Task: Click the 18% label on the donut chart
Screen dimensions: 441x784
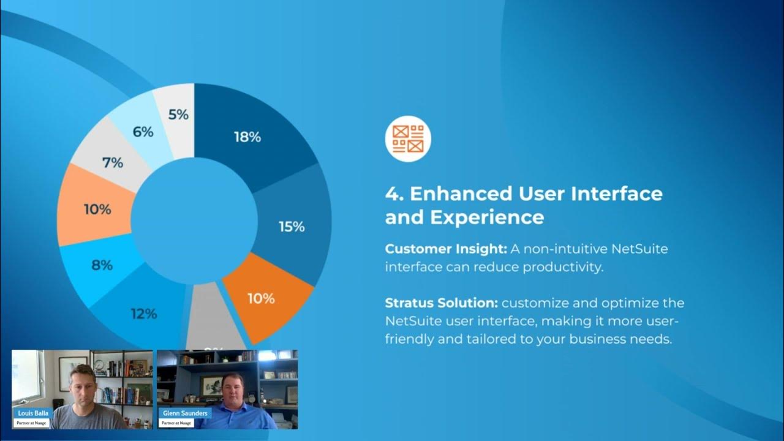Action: coord(247,137)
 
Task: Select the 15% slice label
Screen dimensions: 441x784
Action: coord(292,227)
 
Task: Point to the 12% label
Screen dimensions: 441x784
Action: coord(144,314)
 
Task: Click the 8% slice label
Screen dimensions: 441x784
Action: coord(102,265)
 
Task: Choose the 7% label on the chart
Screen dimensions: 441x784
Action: coord(113,163)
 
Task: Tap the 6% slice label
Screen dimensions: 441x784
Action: coord(143,131)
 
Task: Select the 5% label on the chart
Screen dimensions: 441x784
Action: coord(178,114)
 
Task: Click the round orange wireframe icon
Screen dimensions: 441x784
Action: coord(408,138)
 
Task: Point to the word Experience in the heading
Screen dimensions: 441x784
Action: coord(487,217)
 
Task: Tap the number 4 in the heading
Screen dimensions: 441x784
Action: coord(392,194)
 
